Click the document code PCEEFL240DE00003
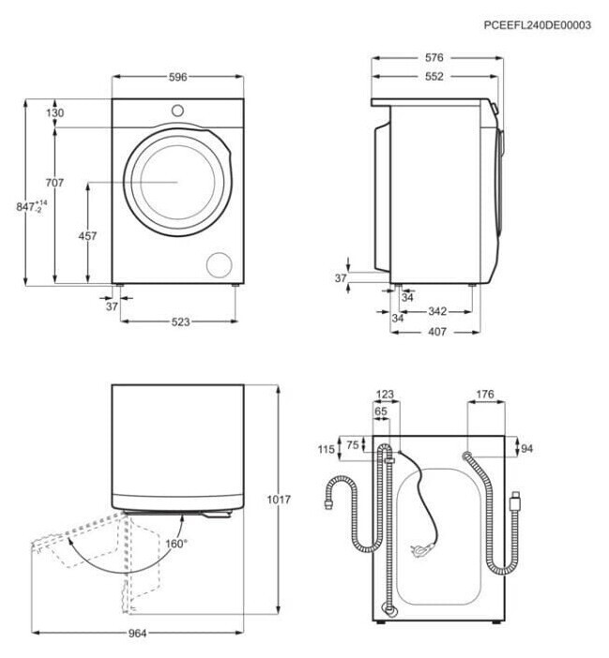pyautogui.click(x=537, y=25)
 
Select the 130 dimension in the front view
pyautogui.click(x=55, y=113)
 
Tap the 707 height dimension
pyautogui.click(x=55, y=183)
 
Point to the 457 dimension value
pyautogui.click(x=87, y=237)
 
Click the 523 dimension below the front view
pyautogui.click(x=180, y=322)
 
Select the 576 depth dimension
pyautogui.click(x=433, y=58)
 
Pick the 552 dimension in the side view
pyautogui.click(x=433, y=77)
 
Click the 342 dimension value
pyautogui.click(x=436, y=310)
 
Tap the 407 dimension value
pyautogui.click(x=436, y=331)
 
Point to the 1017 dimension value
pyautogui.click(x=278, y=500)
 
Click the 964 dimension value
pyautogui.click(x=138, y=635)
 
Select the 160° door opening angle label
pyautogui.click(x=176, y=544)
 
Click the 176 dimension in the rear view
pyautogui.click(x=484, y=396)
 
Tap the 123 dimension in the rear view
pyautogui.click(x=385, y=396)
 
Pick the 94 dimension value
pyautogui.click(x=526, y=449)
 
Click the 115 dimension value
pyautogui.click(x=326, y=450)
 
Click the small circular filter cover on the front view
pyautogui.click(x=220, y=263)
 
